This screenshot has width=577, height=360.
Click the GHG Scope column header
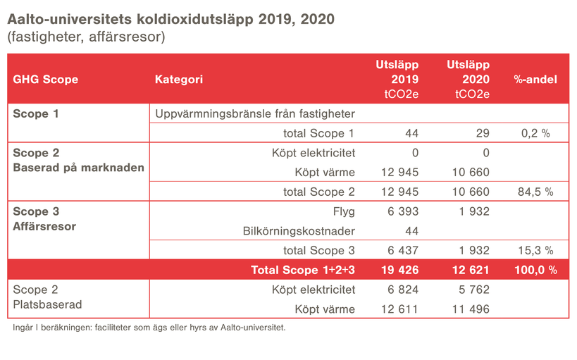[46, 80]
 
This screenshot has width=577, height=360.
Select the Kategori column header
[179, 80]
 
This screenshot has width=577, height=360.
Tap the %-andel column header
[535, 80]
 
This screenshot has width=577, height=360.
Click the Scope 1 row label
[36, 113]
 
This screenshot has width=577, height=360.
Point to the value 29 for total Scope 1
[482, 133]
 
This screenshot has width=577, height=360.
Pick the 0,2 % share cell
[535, 133]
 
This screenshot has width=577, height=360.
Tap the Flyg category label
[343, 211]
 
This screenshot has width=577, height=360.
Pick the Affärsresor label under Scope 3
[44, 227]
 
